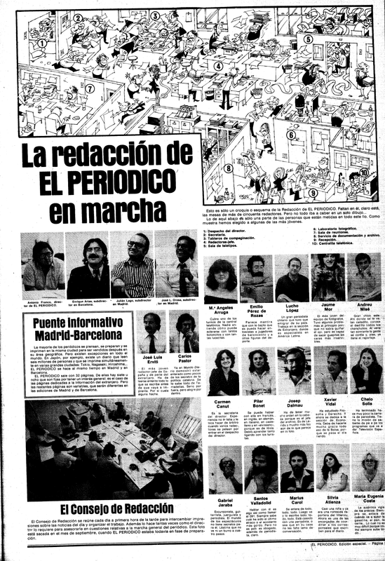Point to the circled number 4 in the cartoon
coord(219,67)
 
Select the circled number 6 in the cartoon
coord(290,135)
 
